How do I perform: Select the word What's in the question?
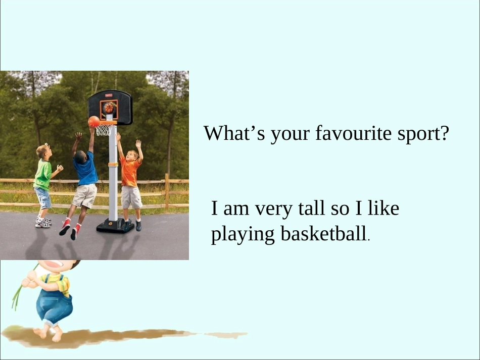pyautogui.click(x=234, y=134)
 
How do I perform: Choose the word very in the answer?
pyautogui.click(x=272, y=209)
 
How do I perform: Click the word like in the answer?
pyautogui.click(x=383, y=208)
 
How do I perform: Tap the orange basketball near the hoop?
pyautogui.click(x=94, y=122)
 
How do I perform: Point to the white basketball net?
pyautogui.click(x=103, y=130)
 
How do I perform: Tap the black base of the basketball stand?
pyautogui.click(x=115, y=226)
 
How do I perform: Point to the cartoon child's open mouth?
pyautogui.click(x=51, y=266)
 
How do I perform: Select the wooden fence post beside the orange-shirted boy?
pyautogui.click(x=167, y=191)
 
